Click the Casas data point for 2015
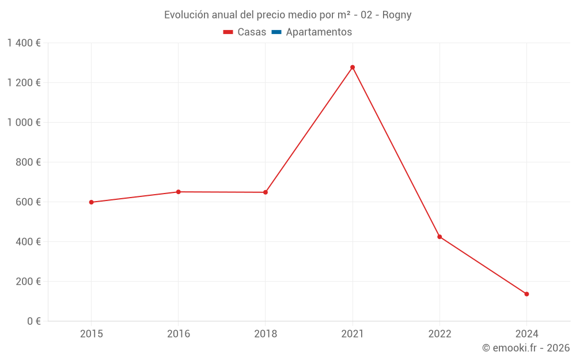point(91,202)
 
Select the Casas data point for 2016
point(178,192)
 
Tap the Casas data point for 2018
point(266,192)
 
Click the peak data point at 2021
point(353,67)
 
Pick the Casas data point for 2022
point(439,237)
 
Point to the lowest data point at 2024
point(526,294)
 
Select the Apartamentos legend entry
point(319,32)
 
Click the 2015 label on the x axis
point(91,334)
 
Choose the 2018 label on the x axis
point(266,334)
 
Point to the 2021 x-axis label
point(353,334)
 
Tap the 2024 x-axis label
point(526,334)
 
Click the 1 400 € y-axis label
point(24,43)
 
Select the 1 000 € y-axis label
point(24,123)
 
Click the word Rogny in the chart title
point(397,15)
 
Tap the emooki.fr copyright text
point(526,348)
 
